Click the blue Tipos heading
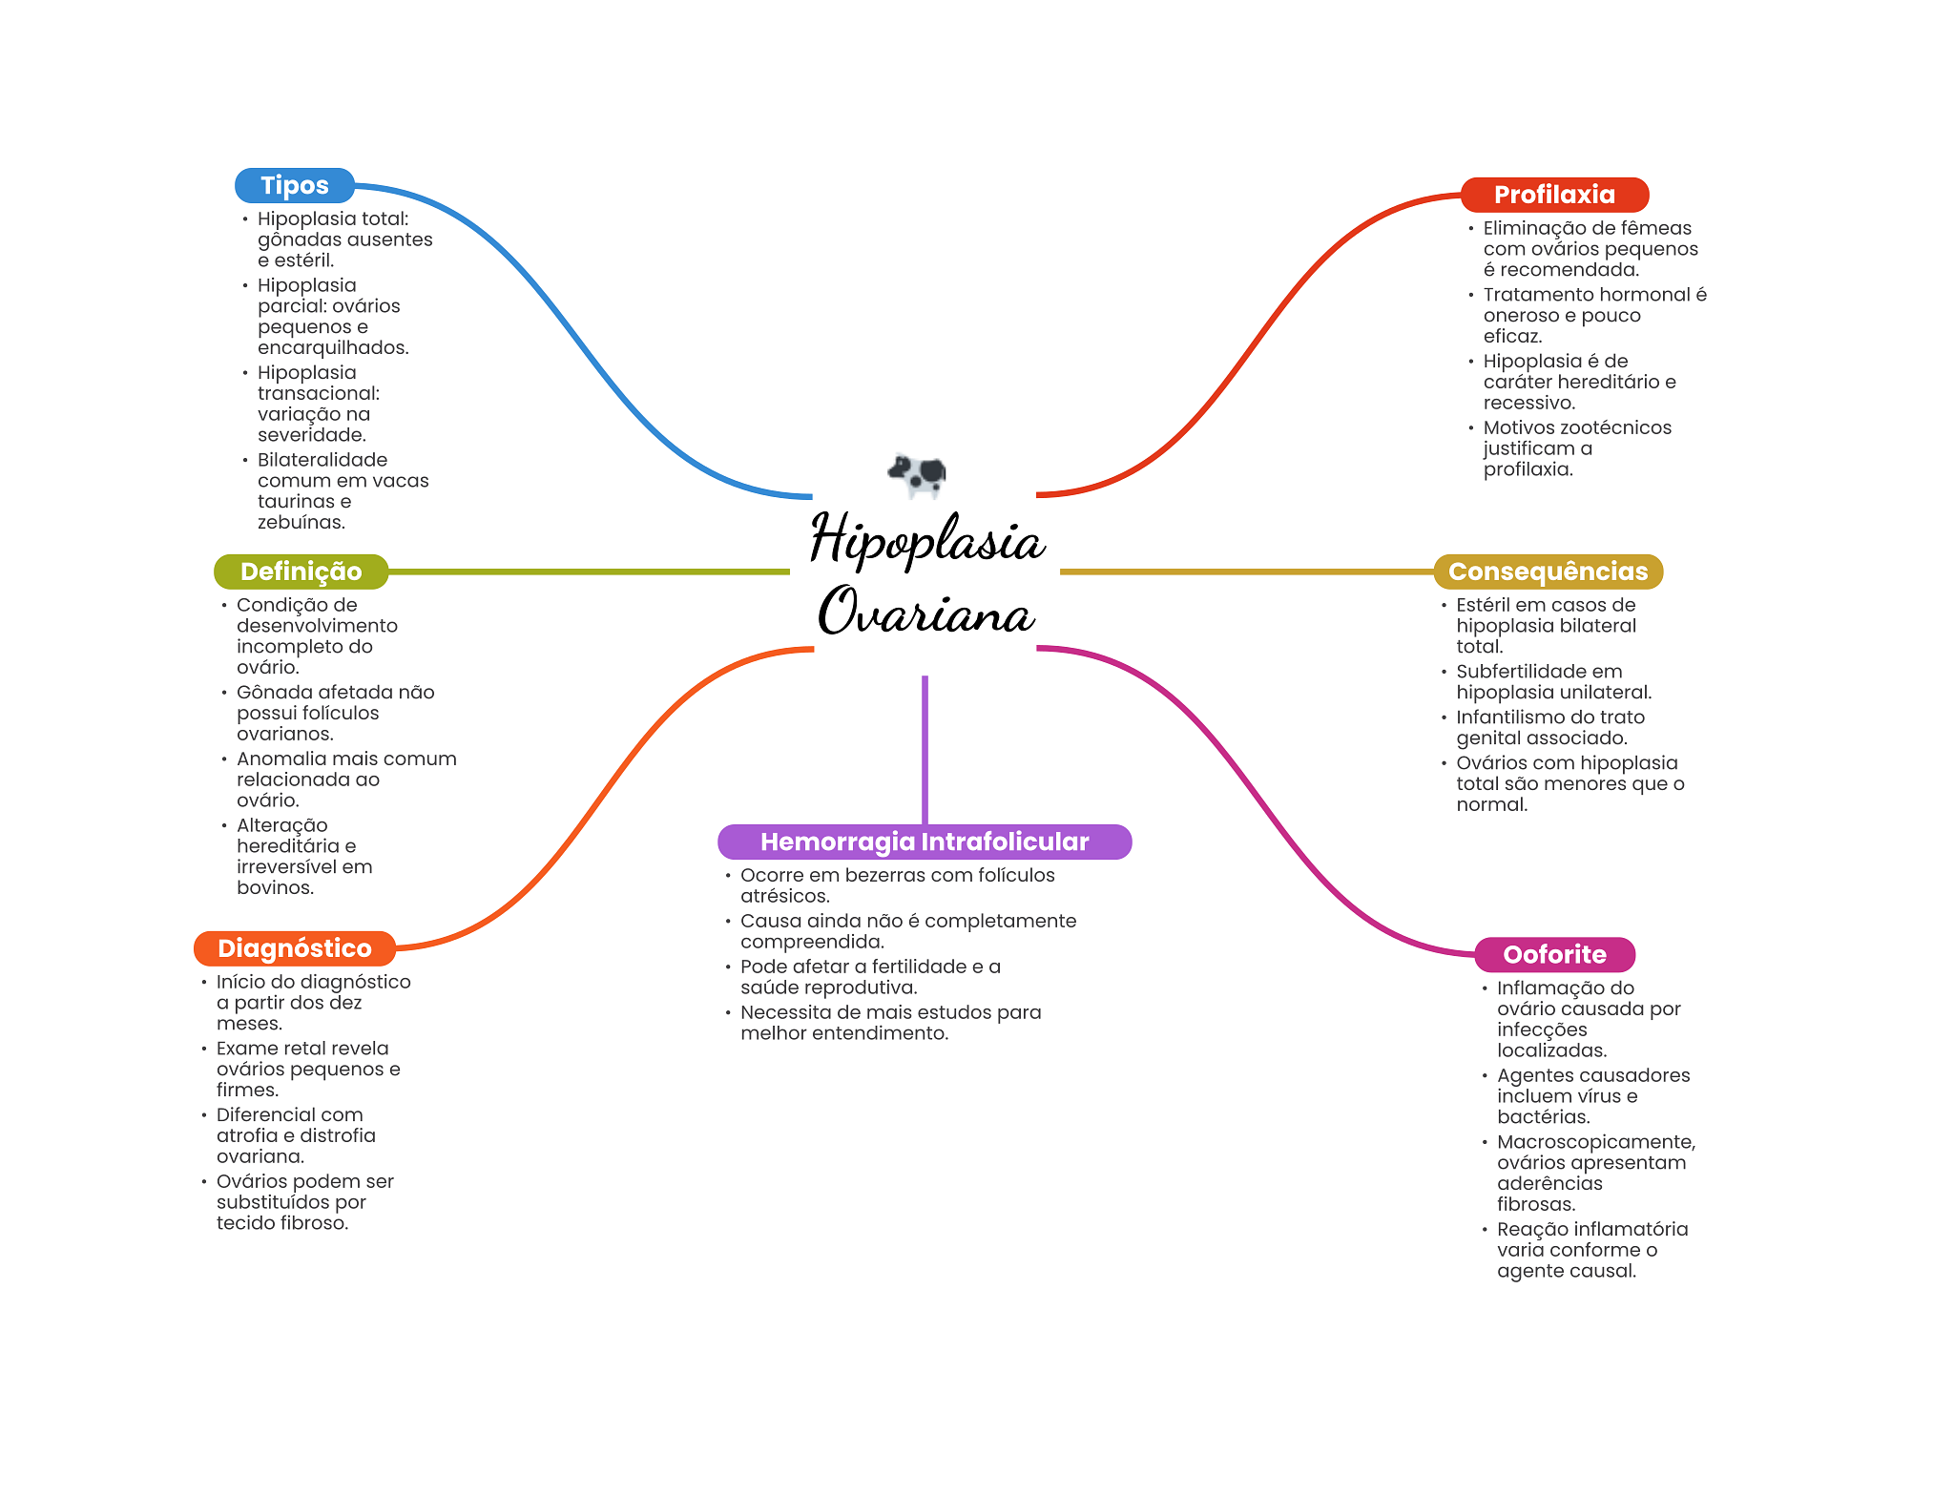pos(294,185)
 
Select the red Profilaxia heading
pos(1554,195)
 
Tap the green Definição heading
pos(301,572)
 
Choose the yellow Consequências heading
pos(1548,572)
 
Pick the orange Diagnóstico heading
pos(294,948)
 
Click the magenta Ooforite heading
pos(1554,954)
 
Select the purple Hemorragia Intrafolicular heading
pos(924,842)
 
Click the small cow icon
pos(917,473)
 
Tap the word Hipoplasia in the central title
pos(927,540)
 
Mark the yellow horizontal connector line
pos(1246,572)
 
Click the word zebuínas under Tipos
pos(301,523)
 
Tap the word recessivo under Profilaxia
pos(1528,403)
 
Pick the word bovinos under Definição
pos(275,888)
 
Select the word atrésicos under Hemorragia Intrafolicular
pos(784,896)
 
